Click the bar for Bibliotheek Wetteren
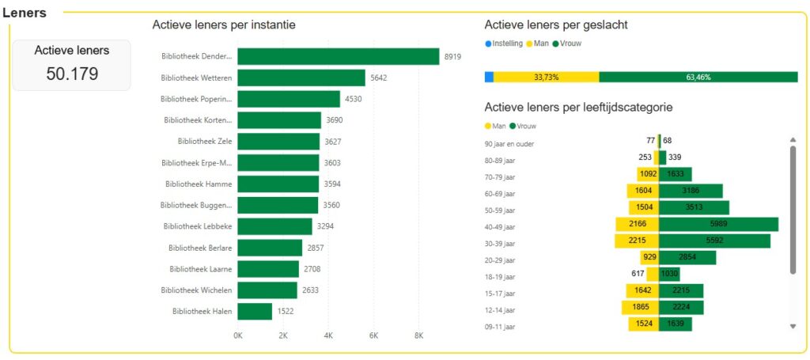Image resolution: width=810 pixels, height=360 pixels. [301, 78]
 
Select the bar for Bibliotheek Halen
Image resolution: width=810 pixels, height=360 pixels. [255, 312]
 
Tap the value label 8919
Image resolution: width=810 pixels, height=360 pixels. [452, 57]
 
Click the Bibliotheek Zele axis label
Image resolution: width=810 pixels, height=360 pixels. [205, 142]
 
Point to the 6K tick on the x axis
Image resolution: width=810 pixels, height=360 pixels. [374, 335]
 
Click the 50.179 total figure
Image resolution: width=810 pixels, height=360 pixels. [72, 74]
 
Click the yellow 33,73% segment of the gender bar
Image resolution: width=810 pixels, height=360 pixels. [546, 77]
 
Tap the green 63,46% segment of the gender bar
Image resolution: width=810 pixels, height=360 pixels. [698, 77]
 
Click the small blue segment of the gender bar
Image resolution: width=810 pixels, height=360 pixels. [489, 77]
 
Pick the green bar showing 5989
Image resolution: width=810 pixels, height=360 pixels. [718, 225]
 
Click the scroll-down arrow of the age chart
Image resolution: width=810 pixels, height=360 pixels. [793, 326]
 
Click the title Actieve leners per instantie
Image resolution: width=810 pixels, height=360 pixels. [224, 25]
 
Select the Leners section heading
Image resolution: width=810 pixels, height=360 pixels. [25, 13]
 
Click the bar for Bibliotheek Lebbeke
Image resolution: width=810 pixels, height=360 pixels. [274, 226]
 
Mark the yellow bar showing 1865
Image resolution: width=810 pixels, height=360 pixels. [640, 307]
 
